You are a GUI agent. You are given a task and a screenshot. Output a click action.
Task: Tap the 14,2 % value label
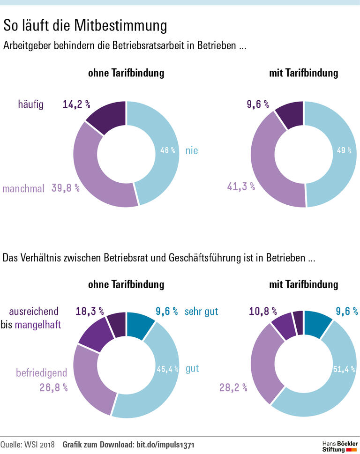[76, 104]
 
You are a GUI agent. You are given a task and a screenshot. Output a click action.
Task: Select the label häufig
[31, 104]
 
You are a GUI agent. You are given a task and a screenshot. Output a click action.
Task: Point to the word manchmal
[23, 189]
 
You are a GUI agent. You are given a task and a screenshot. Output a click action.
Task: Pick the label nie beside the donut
[192, 150]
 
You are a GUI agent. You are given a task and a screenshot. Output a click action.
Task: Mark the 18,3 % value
[90, 311]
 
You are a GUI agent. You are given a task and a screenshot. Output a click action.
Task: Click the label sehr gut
[202, 311]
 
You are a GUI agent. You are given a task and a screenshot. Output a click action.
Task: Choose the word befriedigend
[41, 373]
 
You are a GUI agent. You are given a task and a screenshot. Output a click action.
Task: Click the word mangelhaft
[38, 324]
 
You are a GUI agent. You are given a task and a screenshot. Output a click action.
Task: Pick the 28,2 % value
[232, 387]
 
